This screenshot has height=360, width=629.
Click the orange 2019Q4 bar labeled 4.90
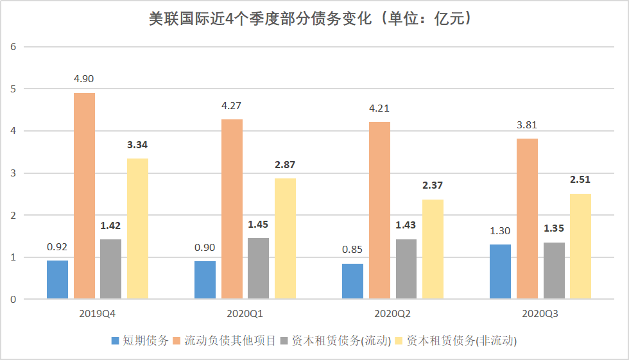[x=84, y=196]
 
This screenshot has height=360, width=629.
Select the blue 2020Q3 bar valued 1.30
[x=500, y=271]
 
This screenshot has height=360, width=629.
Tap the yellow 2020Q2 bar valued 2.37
[x=433, y=249]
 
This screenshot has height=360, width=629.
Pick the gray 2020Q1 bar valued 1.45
[x=258, y=268]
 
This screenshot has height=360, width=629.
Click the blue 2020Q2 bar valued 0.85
[x=352, y=281]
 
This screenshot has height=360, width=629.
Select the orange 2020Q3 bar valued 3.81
[x=527, y=219]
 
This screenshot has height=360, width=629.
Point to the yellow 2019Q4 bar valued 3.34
[x=137, y=228]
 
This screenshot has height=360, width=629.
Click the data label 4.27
[x=232, y=106]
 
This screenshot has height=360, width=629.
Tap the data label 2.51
[x=580, y=180]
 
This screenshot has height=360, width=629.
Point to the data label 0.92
[x=57, y=246]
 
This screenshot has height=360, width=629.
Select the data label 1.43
[x=406, y=225]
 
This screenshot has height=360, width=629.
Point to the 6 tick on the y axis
[x=12, y=47]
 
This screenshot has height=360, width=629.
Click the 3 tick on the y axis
[x=12, y=173]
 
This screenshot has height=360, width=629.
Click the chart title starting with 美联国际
[x=314, y=19]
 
